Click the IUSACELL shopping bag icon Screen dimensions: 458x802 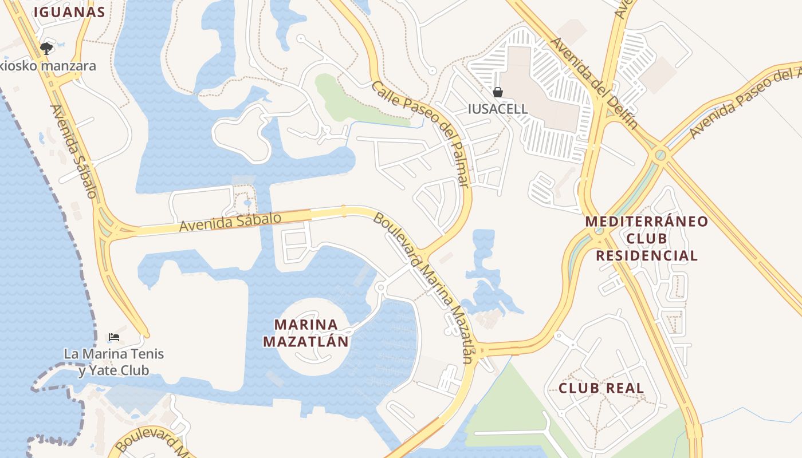click(498, 92)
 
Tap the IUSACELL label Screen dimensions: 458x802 click(498, 109)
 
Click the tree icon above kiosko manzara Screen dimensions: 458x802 click(46, 49)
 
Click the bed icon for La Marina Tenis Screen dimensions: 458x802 click(114, 337)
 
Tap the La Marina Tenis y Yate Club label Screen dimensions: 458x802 click(113, 362)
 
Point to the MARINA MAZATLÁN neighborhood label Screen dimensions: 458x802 click(306, 333)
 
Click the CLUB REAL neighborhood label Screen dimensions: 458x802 click(601, 388)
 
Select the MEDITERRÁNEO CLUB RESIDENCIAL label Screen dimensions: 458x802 click(647, 238)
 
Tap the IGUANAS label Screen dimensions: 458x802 click(69, 12)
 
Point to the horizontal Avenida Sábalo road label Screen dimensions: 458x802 click(230, 222)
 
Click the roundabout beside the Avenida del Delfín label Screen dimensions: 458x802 click(661, 154)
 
